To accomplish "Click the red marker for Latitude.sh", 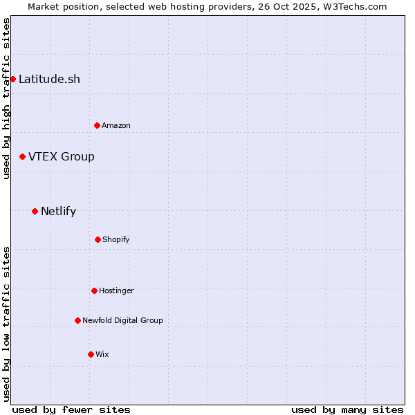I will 12,79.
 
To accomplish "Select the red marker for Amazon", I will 97,125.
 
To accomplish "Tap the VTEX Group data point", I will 22,157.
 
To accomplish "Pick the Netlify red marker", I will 35,211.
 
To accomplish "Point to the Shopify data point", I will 98,239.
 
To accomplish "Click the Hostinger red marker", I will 94,290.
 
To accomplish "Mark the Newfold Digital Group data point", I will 77,320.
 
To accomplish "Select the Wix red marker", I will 91,354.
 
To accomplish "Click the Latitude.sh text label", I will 49,79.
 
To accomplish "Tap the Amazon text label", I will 116,125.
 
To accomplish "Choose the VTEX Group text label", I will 62,157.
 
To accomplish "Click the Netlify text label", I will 58,211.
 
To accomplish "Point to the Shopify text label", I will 116,239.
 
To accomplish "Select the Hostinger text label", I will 116,290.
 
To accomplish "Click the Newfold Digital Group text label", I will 122,320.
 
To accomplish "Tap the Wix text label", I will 102,354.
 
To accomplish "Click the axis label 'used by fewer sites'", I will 71,409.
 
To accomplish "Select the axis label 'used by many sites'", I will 347,409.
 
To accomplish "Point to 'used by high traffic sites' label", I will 6,98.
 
